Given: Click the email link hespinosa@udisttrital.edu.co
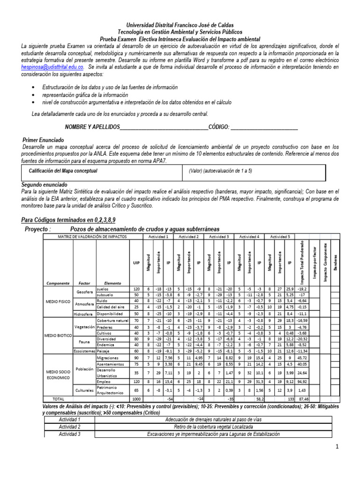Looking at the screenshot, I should coord(52,67).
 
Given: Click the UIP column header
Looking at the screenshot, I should coord(137,263).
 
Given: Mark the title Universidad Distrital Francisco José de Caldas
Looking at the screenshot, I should coord(180,25).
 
